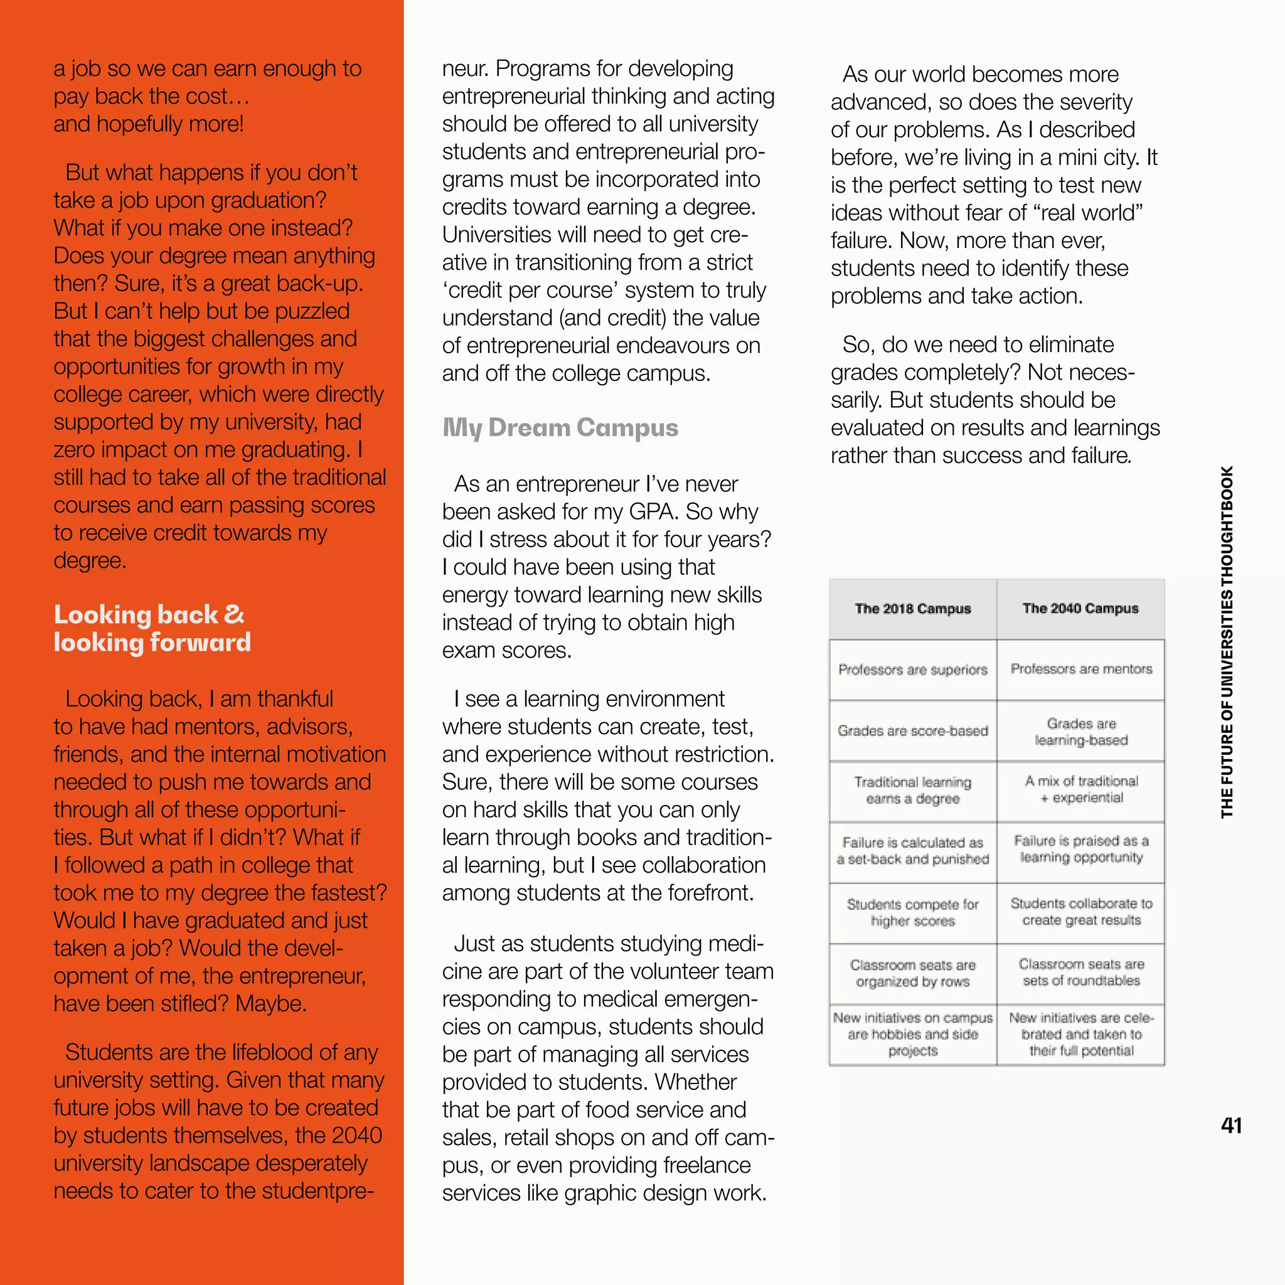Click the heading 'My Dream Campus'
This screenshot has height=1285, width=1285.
[x=560, y=428]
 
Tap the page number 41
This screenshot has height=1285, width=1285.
[x=1231, y=1126]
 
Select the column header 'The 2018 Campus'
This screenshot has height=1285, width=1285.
[x=912, y=609]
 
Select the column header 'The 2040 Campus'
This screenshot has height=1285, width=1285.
[x=1080, y=609]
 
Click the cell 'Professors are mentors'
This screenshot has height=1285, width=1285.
[x=1081, y=669]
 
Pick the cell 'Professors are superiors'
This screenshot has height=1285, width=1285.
[x=912, y=669]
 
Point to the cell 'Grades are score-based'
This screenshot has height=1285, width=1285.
[x=912, y=730]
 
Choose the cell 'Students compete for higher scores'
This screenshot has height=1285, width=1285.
[x=912, y=912]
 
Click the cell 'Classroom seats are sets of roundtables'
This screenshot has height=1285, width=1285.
[x=1081, y=973]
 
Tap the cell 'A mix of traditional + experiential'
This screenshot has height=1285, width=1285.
[x=1081, y=789]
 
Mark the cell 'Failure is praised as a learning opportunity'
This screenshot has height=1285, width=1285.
[x=1081, y=850]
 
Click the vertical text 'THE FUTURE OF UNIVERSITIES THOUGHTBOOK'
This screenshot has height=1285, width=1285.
[x=1227, y=642]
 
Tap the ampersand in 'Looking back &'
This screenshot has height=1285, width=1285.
[x=234, y=614]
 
